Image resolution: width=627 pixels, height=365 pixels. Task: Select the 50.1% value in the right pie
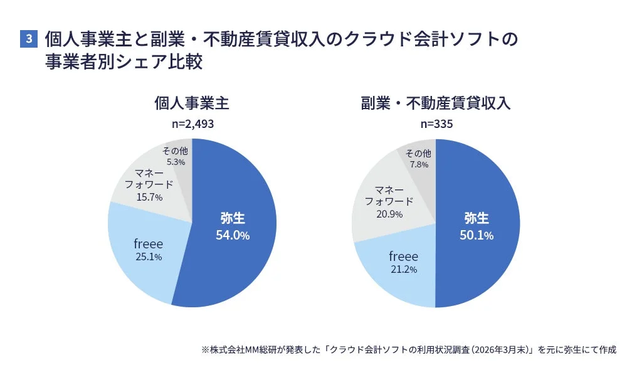click(476, 235)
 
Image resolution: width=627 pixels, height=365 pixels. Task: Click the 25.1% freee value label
click(149, 257)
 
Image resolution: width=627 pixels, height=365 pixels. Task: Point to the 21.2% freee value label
click(403, 269)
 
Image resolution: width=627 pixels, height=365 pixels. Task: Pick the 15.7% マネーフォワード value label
click(149, 197)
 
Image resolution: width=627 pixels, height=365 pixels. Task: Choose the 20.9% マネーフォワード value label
click(389, 214)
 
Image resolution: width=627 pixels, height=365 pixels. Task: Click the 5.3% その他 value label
click(175, 162)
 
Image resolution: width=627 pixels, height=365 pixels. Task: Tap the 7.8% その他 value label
click(418, 164)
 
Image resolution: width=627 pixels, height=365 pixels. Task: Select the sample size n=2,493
click(192, 124)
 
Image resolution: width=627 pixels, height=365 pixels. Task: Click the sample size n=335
click(436, 124)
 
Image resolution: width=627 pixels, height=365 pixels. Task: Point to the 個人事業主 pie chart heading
click(192, 103)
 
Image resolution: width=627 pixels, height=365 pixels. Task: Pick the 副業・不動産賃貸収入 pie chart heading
click(436, 103)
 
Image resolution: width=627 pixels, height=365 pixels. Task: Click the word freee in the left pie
click(149, 243)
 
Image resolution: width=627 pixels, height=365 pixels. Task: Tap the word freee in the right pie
click(403, 256)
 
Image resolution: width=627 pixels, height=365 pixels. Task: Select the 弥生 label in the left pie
click(233, 218)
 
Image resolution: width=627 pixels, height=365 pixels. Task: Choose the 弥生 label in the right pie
click(476, 218)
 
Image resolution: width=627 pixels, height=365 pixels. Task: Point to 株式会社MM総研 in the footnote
click(238, 349)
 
